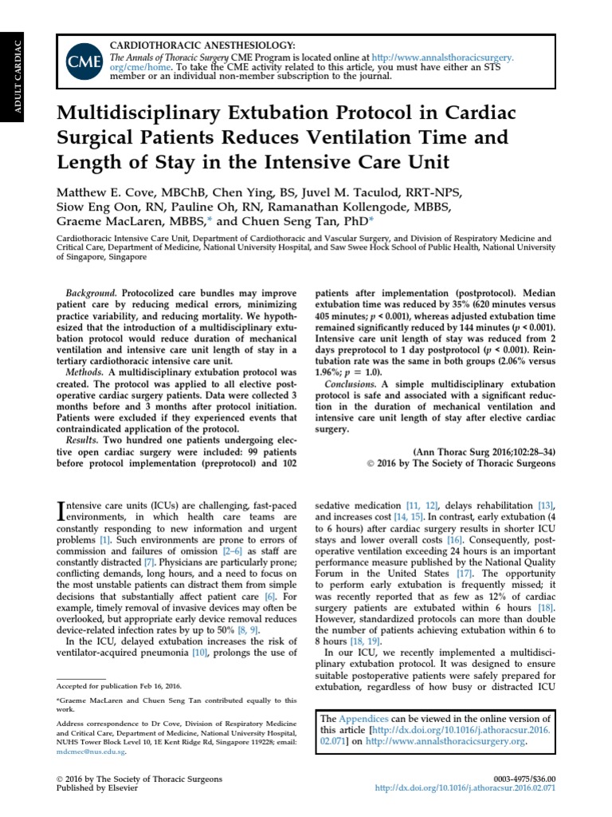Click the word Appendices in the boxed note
(362, 719)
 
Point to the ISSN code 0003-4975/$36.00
(523, 779)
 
